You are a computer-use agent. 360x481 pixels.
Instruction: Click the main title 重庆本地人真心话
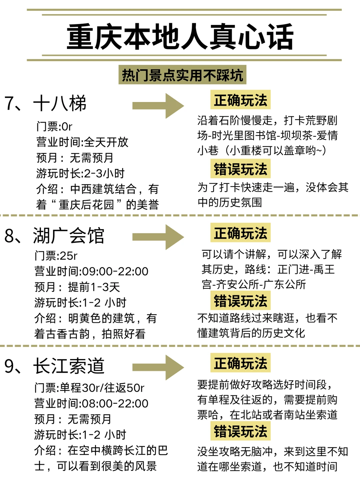[180, 37]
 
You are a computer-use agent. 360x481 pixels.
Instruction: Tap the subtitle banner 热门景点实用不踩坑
[182, 75]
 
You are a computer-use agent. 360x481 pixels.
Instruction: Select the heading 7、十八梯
[45, 103]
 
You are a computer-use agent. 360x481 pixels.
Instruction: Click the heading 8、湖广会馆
[54, 236]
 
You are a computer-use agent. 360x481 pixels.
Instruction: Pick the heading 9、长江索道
[54, 366]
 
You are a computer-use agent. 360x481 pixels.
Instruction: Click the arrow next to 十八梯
[158, 106]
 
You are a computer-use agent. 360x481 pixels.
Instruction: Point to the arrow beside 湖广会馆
[158, 237]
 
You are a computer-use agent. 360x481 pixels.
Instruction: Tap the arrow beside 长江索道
[158, 367]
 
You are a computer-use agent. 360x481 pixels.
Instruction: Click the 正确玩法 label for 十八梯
[240, 100]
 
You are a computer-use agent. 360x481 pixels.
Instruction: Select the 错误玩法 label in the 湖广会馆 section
[240, 301]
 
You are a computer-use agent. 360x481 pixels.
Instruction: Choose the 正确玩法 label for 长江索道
[240, 363]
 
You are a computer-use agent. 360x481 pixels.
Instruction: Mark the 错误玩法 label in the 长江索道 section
[240, 431]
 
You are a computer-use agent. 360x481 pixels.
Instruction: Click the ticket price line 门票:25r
[56, 256]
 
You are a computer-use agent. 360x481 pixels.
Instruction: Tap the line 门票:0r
[54, 126]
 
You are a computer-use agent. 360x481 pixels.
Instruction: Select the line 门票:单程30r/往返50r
[89, 388]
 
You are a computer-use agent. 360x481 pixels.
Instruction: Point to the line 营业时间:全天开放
[82, 142]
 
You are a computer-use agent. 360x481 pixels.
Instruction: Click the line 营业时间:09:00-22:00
[91, 271]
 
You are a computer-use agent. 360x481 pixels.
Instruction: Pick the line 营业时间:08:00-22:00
[91, 403]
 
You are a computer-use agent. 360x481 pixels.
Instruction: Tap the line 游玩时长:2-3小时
[80, 173]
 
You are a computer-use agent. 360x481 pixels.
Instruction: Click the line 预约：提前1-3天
[77, 287]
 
